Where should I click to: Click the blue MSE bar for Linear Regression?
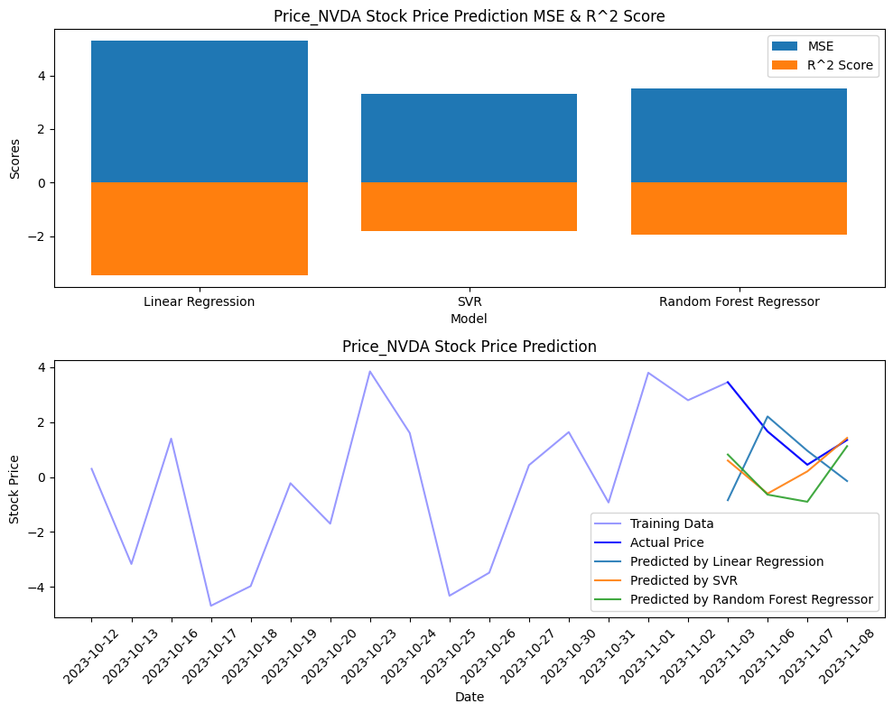coord(200,112)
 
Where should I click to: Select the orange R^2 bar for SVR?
coord(469,207)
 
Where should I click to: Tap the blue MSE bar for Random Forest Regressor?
coord(739,135)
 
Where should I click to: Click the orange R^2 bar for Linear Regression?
coord(200,228)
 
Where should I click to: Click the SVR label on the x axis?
coord(469,301)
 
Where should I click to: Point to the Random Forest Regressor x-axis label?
coord(739,301)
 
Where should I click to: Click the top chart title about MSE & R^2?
coord(469,16)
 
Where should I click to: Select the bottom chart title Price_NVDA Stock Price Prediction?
coord(469,347)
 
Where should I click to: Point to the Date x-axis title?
coord(469,697)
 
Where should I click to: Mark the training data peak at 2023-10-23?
coord(370,371)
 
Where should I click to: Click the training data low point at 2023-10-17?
coord(211,606)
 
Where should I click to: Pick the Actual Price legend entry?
coord(666,542)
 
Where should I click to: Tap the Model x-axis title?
coord(469,319)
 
